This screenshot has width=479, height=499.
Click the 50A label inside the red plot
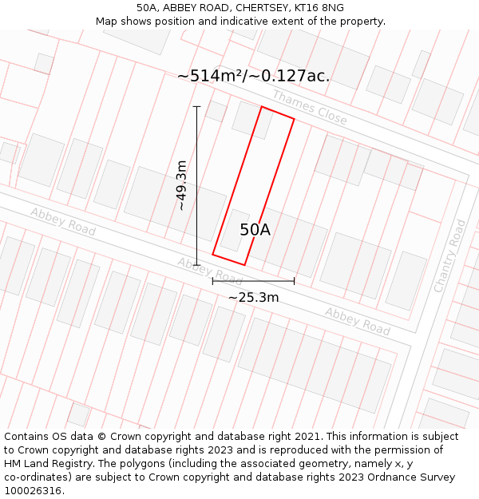(255, 230)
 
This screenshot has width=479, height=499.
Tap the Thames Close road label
(310, 107)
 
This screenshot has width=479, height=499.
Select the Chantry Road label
(449, 255)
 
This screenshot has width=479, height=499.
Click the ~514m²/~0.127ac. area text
(253, 76)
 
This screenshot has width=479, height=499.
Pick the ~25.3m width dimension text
(253, 298)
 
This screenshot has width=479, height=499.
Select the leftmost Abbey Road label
(63, 220)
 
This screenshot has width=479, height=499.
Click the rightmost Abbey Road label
(357, 320)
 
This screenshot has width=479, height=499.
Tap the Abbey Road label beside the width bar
(210, 271)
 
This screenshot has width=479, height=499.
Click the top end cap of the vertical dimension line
(196, 106)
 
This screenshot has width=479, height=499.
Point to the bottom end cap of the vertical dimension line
(196, 265)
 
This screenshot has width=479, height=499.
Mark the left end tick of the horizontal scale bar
(212, 280)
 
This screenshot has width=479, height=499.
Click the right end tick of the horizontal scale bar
(294, 280)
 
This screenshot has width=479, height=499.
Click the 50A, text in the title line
(149, 8)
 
